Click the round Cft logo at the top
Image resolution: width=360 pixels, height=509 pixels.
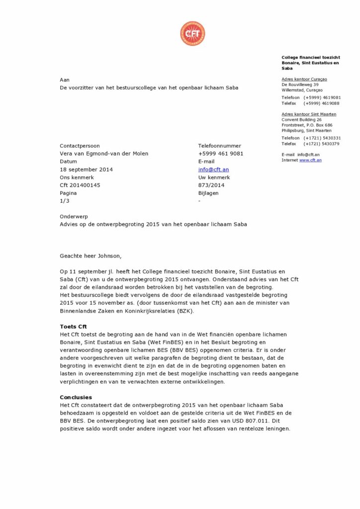tap(192, 33)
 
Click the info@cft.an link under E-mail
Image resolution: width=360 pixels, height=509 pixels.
tap(213, 170)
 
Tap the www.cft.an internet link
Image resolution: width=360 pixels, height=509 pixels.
tap(310, 160)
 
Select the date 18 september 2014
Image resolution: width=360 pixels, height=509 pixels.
tap(86, 170)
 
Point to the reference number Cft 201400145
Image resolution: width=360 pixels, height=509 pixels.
tap(80, 185)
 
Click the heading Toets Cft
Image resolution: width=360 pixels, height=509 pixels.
tap(74, 327)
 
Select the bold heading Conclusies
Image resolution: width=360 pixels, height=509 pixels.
tap(76, 397)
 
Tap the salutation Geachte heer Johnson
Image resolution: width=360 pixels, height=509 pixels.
tap(90, 256)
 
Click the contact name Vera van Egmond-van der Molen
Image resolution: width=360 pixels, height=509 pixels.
tap(104, 154)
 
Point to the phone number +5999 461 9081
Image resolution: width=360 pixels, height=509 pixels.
tap(221, 154)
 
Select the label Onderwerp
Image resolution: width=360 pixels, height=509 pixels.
tap(73, 216)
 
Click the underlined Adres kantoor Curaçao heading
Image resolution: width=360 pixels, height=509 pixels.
tap(304, 79)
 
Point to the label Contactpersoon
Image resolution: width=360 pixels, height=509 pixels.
tap(80, 146)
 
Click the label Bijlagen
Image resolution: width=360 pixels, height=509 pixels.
tap(208, 193)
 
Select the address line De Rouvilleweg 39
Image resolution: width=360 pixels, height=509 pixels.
tap(300, 85)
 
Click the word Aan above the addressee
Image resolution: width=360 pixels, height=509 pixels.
tap(65, 80)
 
